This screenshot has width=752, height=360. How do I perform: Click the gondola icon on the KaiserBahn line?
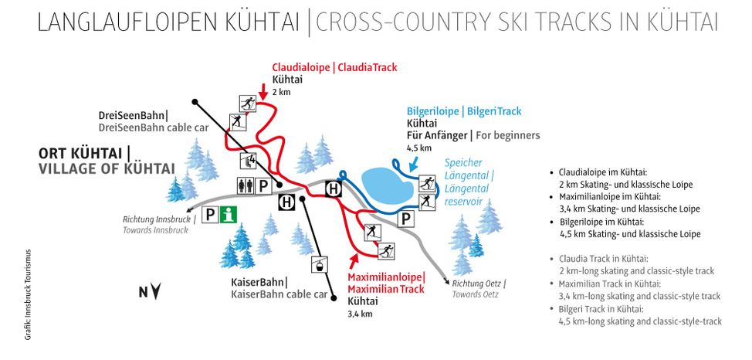(315, 267)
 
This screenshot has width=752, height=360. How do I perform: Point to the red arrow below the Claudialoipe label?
(263, 91)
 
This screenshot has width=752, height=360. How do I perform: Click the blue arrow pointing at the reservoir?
(415, 163)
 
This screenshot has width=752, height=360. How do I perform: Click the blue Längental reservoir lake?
(386, 185)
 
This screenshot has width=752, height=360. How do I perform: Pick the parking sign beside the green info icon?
(210, 215)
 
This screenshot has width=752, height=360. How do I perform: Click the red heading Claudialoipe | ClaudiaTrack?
(334, 67)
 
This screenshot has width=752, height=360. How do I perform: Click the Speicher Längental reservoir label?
(468, 182)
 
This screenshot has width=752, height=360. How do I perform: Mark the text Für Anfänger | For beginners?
(473, 135)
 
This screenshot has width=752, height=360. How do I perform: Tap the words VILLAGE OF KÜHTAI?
(107, 168)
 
